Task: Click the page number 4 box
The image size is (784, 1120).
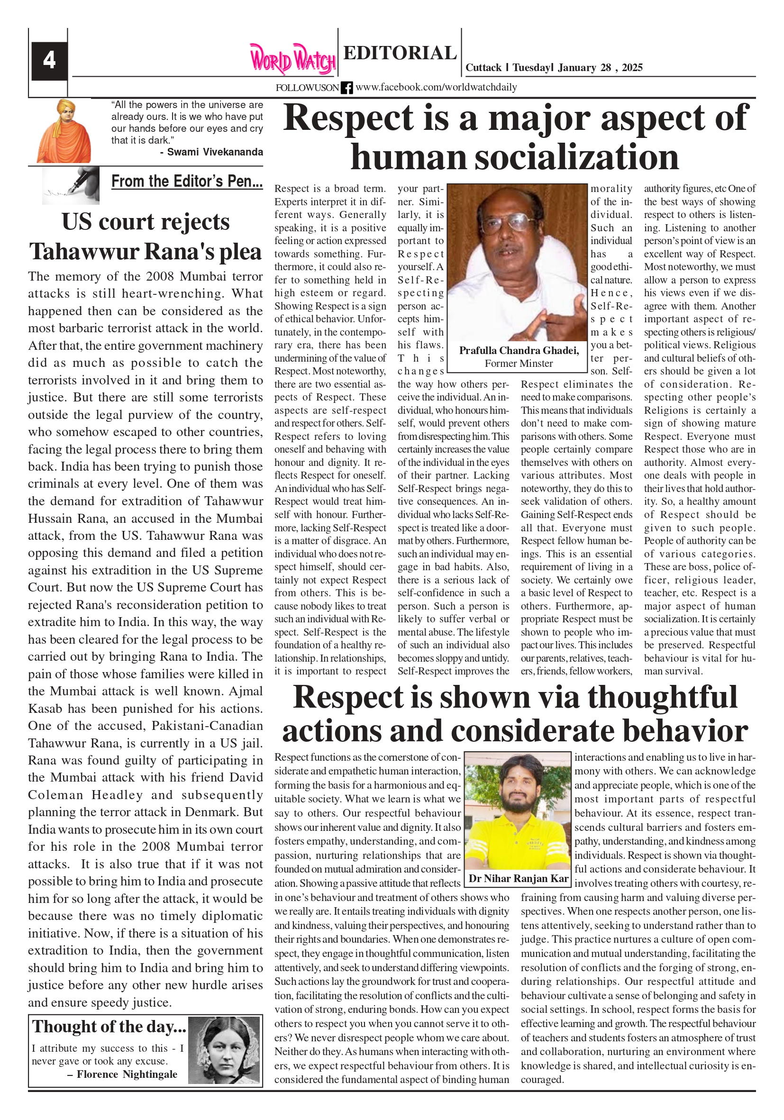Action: [49, 61]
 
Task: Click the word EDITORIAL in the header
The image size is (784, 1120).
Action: [400, 53]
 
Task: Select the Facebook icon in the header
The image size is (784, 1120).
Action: [346, 88]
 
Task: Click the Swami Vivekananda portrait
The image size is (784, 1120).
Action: [64, 132]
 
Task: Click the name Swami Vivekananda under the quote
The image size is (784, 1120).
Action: [215, 152]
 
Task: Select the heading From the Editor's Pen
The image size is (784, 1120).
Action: [187, 182]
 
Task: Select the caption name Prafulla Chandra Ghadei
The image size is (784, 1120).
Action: [519, 350]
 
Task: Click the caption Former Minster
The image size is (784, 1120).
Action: [519, 364]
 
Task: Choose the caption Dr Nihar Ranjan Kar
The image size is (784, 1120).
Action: [519, 879]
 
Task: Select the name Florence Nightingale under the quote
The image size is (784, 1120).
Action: [127, 1074]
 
